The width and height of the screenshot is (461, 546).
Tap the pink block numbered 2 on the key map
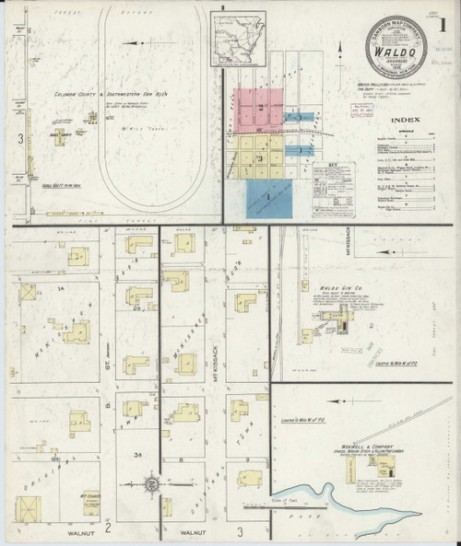tap(262, 108)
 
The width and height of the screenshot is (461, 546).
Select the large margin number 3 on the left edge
tap(19, 139)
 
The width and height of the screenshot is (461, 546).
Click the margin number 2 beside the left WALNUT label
tap(108, 529)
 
